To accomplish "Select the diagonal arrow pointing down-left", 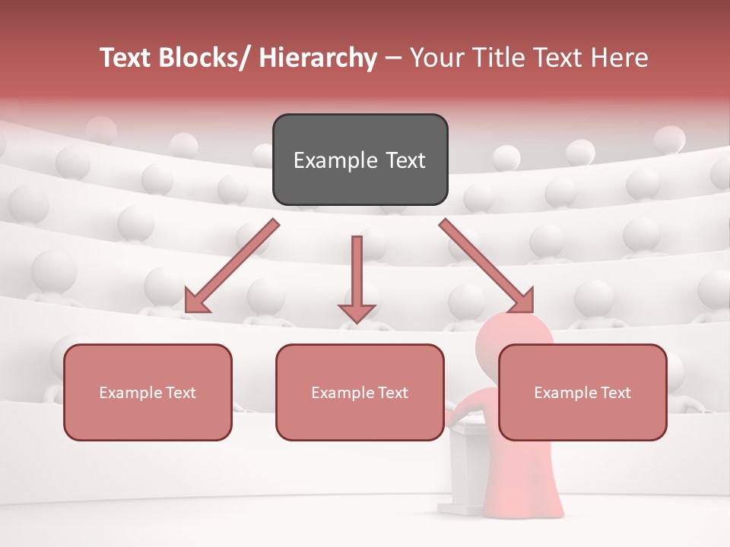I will tap(232, 266).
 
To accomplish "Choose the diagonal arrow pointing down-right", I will tap(487, 266).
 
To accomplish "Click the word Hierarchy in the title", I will tap(318, 58).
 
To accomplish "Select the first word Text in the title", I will tap(125, 58).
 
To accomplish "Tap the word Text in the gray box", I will tap(405, 160).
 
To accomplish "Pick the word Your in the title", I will tap(433, 58).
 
